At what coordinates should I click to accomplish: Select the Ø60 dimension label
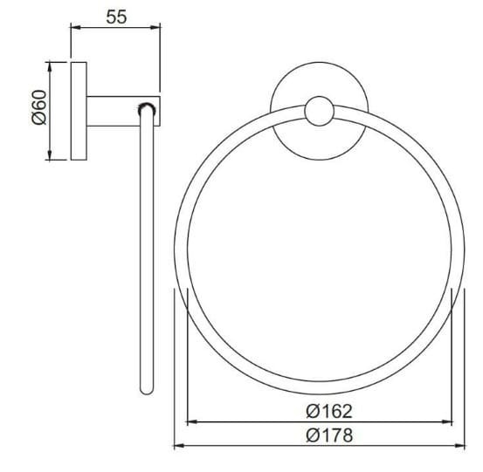tap(38, 111)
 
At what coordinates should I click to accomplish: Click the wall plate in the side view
tap(79, 111)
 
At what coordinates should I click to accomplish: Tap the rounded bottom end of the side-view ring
tap(146, 391)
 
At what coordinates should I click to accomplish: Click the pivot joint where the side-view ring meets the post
tap(147, 109)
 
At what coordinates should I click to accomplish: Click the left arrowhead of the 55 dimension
tap(75, 29)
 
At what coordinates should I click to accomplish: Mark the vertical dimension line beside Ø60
tap(51, 131)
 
